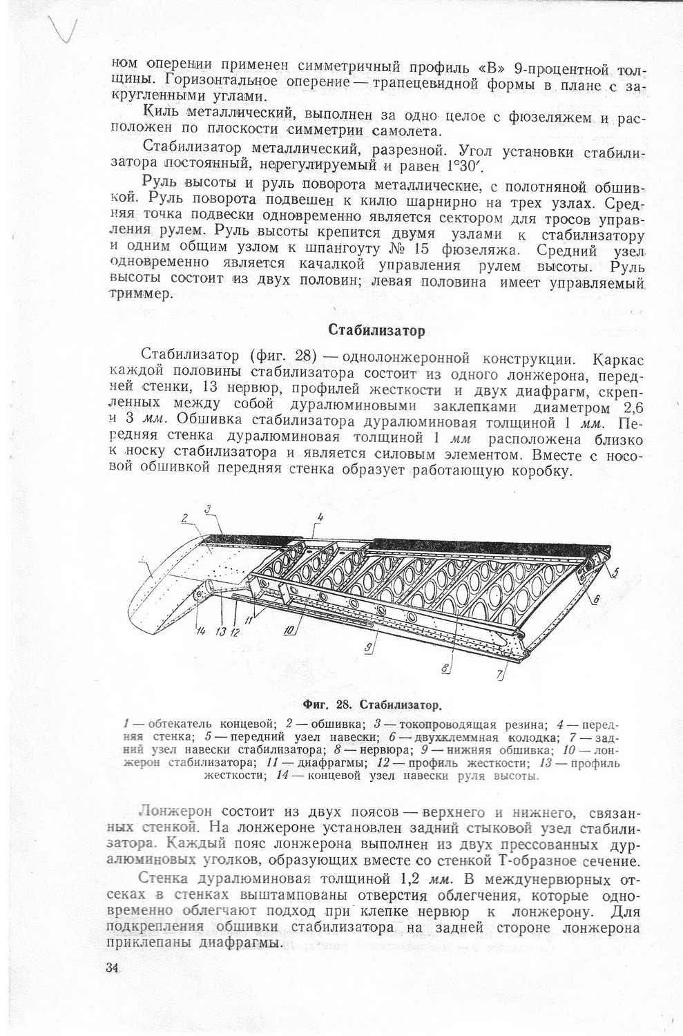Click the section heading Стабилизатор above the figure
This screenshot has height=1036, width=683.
[x=376, y=330]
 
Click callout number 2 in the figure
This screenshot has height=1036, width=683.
[x=184, y=519]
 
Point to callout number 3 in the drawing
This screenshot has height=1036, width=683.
[x=209, y=510]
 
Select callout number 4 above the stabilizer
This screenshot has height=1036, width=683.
[x=320, y=517]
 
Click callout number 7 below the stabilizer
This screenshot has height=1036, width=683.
[x=500, y=675]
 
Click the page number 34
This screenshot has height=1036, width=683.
[x=114, y=968]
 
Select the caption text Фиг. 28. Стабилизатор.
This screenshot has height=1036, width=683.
[x=372, y=705]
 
